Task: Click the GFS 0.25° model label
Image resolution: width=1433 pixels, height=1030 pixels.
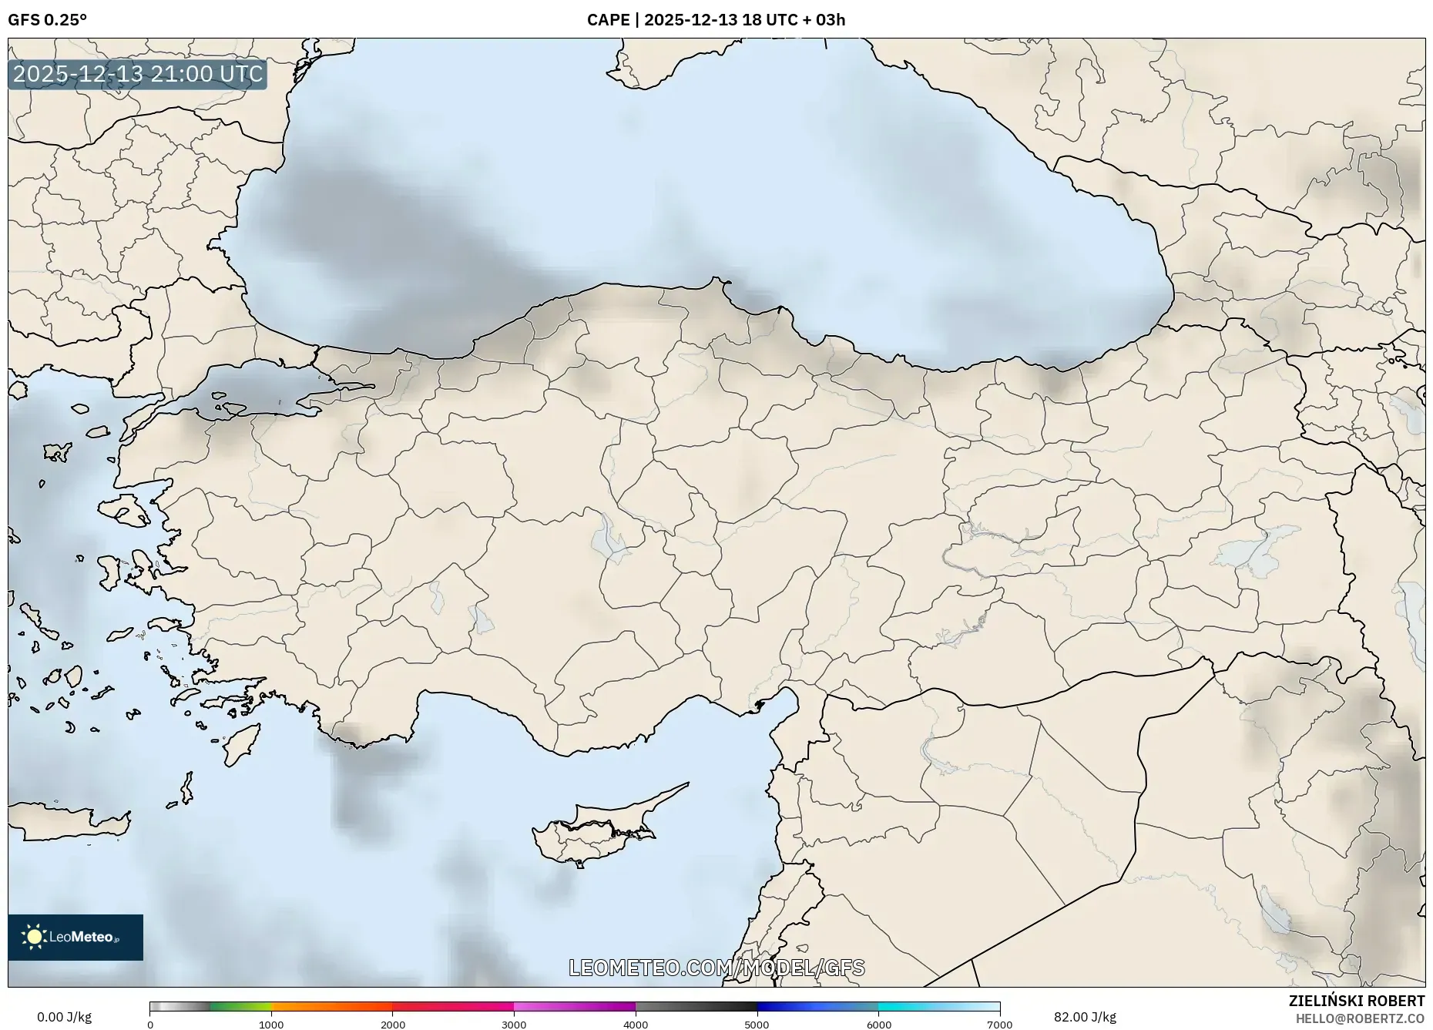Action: [x=47, y=20]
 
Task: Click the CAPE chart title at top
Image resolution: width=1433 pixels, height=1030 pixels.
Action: [x=716, y=20]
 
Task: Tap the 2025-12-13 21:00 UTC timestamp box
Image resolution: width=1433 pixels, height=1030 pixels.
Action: [x=138, y=75]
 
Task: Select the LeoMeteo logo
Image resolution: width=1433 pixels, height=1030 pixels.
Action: [x=76, y=937]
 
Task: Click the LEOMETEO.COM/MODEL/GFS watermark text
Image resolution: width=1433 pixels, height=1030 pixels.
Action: [x=716, y=968]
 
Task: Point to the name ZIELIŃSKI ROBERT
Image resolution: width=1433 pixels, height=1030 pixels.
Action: [x=1356, y=1001]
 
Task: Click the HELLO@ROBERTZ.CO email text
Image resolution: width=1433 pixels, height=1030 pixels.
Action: [x=1360, y=1018]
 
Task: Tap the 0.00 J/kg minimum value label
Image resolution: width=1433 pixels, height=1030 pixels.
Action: [x=64, y=1017]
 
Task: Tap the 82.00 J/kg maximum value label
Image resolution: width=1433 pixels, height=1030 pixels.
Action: [x=1085, y=1017]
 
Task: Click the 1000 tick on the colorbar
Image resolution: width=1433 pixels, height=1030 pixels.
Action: [x=271, y=1025]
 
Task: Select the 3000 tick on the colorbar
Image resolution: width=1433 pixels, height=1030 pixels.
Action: [x=514, y=1025]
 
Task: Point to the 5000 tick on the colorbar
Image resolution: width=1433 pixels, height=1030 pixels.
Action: [x=757, y=1025]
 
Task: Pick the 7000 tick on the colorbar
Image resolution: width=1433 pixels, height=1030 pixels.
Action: [x=999, y=1025]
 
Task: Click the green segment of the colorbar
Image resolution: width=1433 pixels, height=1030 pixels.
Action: [x=240, y=1006]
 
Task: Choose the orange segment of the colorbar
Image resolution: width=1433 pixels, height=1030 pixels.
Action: [x=331, y=1006]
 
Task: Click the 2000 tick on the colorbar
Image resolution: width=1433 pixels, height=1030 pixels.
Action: [x=393, y=1025]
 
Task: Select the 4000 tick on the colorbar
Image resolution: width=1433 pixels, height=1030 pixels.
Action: [x=636, y=1025]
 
